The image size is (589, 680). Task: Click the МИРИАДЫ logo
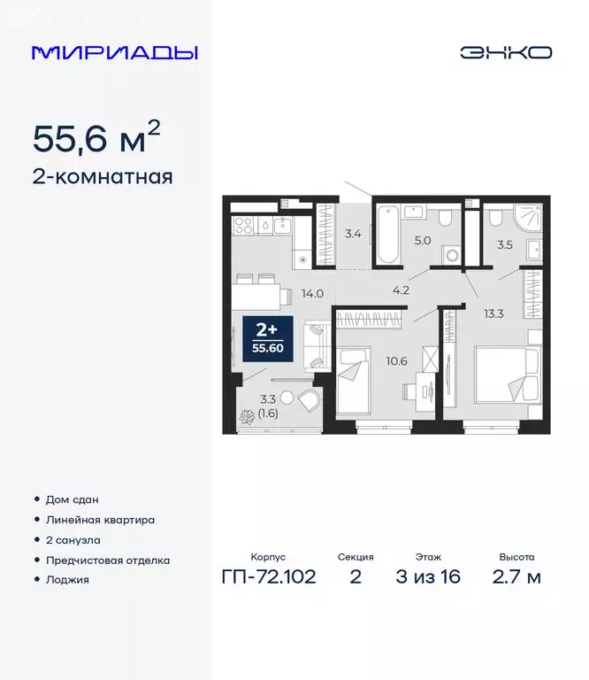(115, 53)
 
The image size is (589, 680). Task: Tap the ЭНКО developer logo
(505, 53)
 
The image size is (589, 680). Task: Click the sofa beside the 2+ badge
(316, 346)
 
